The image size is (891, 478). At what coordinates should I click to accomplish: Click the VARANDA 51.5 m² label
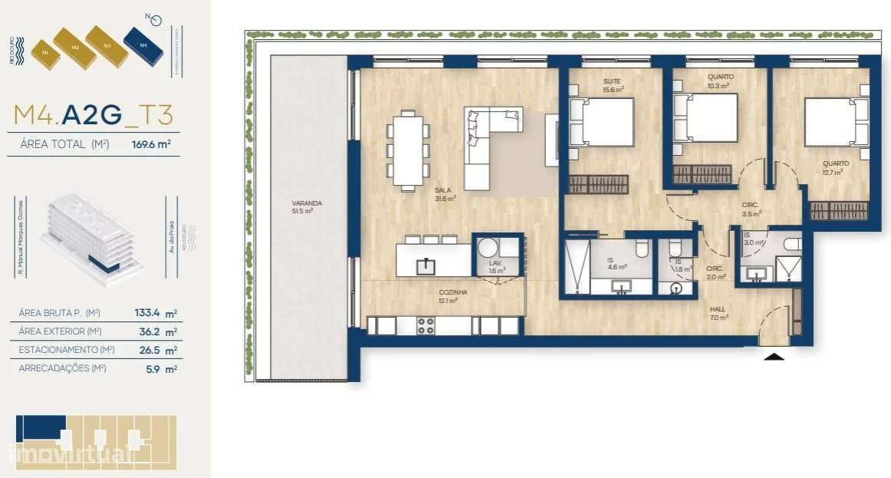pos(307,207)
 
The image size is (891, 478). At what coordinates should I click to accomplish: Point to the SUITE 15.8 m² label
pos(612,85)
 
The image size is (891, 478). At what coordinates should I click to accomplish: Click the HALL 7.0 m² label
pos(718,313)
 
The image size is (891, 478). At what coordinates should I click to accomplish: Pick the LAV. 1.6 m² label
pos(497,266)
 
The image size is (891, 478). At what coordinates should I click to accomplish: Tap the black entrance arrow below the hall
pos(774,356)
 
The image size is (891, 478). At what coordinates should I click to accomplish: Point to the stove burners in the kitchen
pos(425,325)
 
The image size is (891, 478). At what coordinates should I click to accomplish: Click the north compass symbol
pos(156,21)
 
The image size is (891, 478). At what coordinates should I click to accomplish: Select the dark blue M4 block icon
pos(143,48)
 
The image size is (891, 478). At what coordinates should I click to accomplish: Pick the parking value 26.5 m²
pos(165,351)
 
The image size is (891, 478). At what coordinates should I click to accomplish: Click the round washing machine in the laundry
pos(488,249)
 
